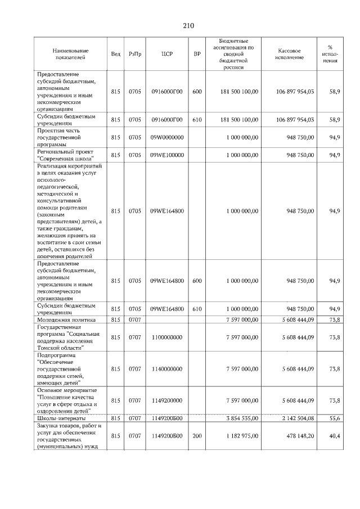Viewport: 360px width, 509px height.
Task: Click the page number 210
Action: point(188,25)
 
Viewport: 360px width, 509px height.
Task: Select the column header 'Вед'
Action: point(115,54)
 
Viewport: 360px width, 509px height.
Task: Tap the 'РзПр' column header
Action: point(135,54)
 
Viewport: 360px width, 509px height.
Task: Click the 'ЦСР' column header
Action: point(166,54)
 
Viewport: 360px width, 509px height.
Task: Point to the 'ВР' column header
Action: point(197,54)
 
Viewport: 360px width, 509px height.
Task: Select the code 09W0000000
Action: point(166,136)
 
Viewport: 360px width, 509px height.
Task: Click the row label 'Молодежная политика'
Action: point(66,319)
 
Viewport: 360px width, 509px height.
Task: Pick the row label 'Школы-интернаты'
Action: point(61,418)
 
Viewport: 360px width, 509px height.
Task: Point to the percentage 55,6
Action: point(334,418)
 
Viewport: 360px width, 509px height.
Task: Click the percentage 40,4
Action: point(334,436)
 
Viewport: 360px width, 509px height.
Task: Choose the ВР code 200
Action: point(197,436)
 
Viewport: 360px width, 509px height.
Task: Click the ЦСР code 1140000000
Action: point(166,368)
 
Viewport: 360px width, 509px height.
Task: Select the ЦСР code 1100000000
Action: point(166,337)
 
